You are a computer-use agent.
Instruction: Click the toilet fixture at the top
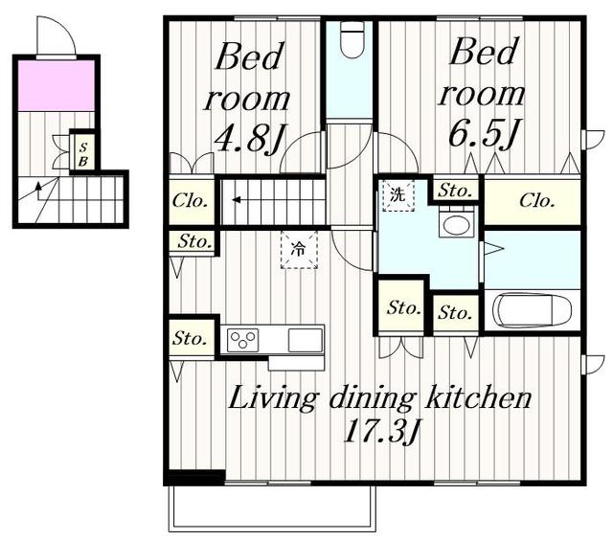[x=352, y=39]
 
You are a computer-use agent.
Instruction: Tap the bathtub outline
[x=533, y=311]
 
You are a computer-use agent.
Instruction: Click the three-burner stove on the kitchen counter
[x=242, y=339]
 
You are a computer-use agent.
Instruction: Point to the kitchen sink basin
[x=306, y=340]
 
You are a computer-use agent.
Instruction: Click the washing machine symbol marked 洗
[x=398, y=196]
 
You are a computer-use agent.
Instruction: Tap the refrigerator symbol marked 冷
[x=299, y=250]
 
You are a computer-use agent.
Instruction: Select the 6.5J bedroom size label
[x=485, y=133]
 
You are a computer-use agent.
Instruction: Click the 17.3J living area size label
[x=382, y=430]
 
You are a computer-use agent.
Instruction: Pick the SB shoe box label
[x=83, y=154]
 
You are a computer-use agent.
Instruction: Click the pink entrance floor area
[x=57, y=85]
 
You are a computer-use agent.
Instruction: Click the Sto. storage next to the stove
[x=192, y=339]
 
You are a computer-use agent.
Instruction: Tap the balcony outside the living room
[x=272, y=508]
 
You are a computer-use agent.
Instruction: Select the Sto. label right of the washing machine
[x=454, y=192]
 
